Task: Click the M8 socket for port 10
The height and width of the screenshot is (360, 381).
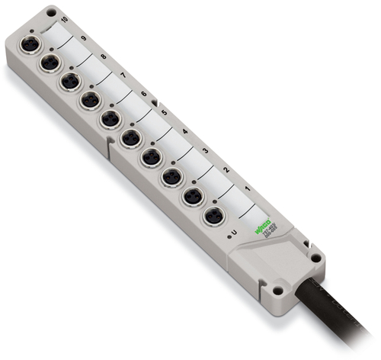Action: pos(30,44)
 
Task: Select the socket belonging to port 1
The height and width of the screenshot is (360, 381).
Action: pos(214,216)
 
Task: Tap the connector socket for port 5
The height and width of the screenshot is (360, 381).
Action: pos(130,138)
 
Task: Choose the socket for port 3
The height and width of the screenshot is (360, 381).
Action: pos(173,177)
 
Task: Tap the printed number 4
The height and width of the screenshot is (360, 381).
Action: pos(185,130)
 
